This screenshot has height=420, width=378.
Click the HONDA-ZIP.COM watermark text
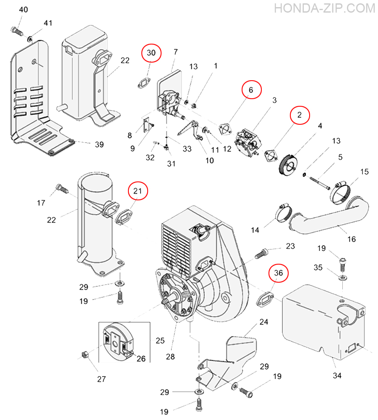[324, 8]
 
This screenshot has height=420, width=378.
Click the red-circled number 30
[151, 53]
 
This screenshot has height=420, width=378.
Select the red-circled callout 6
[251, 90]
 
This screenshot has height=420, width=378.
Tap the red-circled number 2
[300, 115]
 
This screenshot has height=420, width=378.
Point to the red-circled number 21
[138, 191]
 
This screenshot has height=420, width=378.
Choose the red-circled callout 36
[279, 273]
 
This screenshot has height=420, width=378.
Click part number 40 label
[23, 10]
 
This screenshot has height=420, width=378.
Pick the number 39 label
[99, 144]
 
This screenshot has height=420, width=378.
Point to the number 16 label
[352, 239]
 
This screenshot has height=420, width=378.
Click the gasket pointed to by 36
[265, 299]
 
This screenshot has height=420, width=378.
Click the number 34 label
[337, 375]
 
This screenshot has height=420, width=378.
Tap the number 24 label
[264, 322]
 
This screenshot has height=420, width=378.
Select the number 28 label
[170, 357]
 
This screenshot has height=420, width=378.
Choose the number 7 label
[175, 52]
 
